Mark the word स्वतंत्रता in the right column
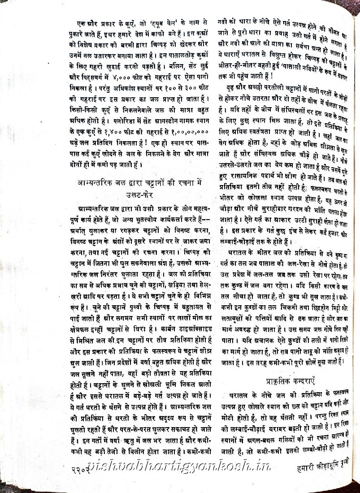tap(264, 134)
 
